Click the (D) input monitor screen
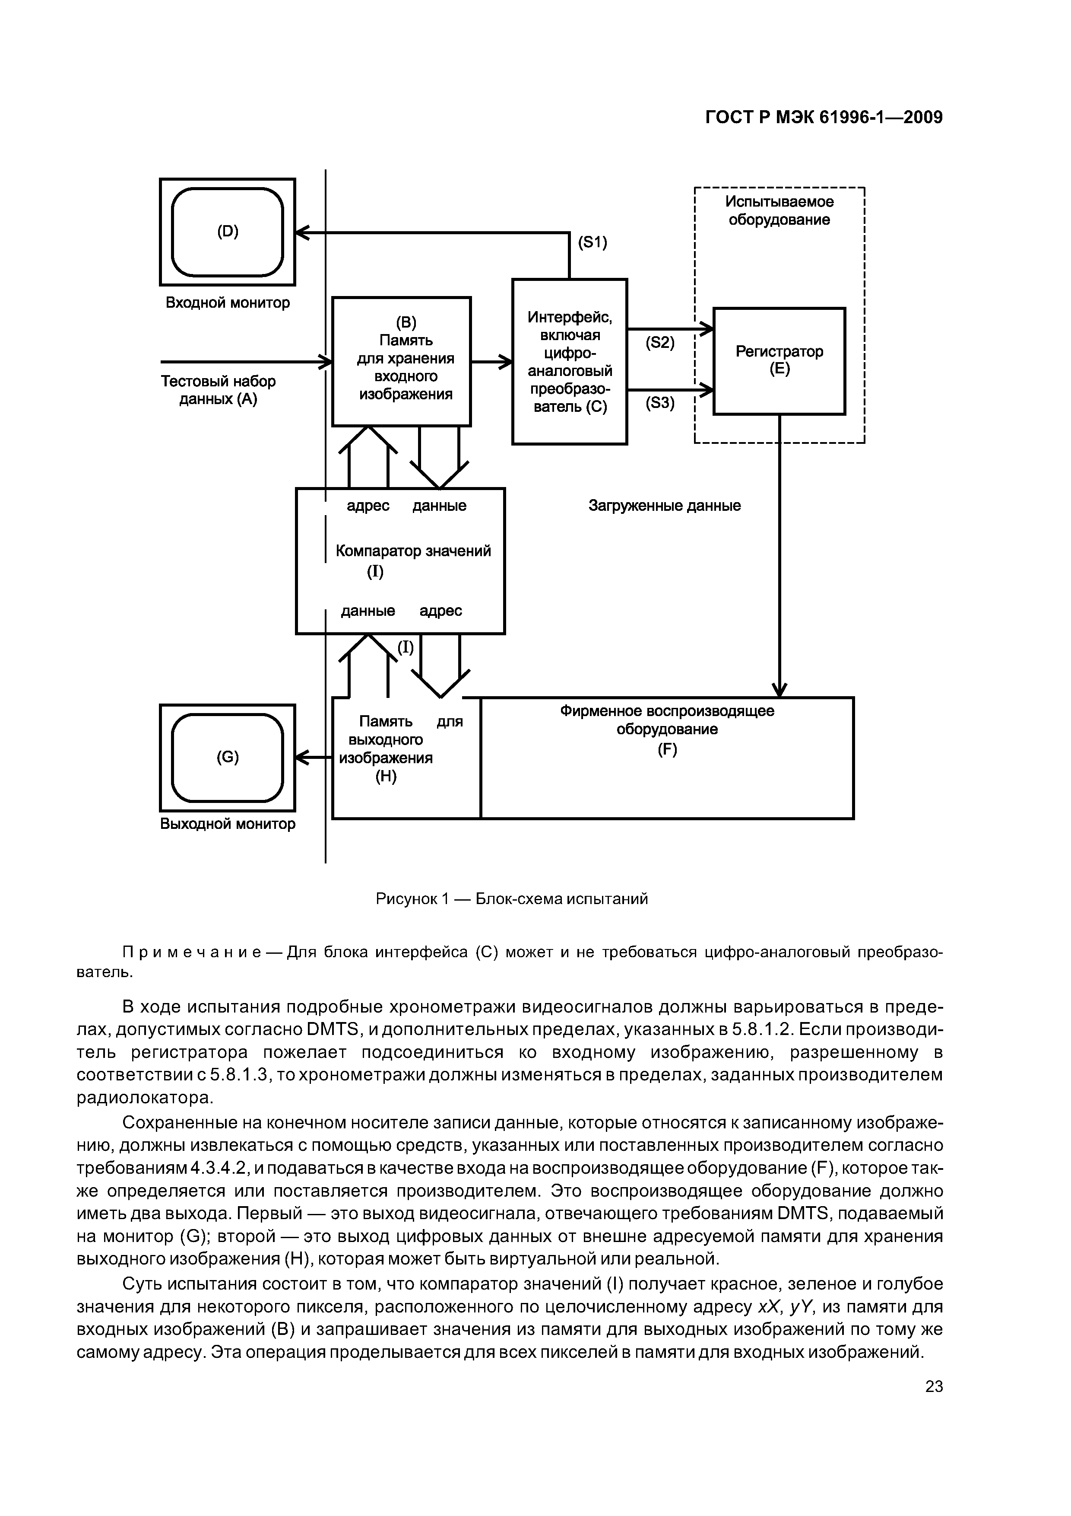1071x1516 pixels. pyautogui.click(x=227, y=232)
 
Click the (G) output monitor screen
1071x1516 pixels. pyautogui.click(x=227, y=757)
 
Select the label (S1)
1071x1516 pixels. pyautogui.click(x=592, y=243)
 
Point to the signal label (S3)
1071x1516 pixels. pyautogui.click(x=659, y=402)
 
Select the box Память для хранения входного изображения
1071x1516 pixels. pyautogui.click(x=401, y=360)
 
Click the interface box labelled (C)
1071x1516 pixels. pyautogui.click(x=570, y=362)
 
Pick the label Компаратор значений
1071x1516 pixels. pyautogui.click(x=413, y=551)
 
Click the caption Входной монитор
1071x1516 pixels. pyautogui.click(x=227, y=303)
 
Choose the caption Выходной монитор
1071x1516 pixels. pyautogui.click(x=228, y=824)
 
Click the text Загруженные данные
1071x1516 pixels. pyautogui.click(x=665, y=506)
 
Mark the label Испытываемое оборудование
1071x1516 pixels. pyautogui.click(x=779, y=210)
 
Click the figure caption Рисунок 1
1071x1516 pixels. pyautogui.click(x=511, y=898)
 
